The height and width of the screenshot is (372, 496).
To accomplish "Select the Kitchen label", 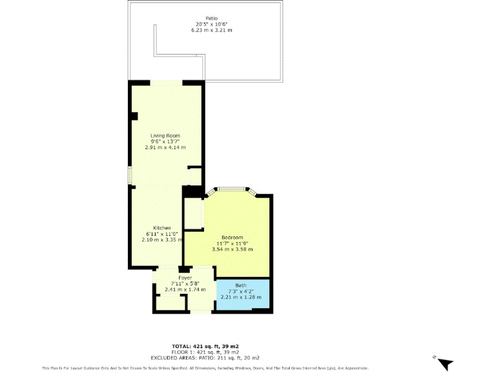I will click(161, 228).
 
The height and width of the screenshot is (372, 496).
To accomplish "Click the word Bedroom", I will click(232, 237).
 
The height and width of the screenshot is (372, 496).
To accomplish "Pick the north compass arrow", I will click(444, 363).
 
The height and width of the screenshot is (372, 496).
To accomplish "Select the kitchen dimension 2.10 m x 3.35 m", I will click(161, 240).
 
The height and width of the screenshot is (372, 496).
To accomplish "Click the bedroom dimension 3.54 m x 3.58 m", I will click(232, 249).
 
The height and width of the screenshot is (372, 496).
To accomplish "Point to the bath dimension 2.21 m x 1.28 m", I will click(241, 297).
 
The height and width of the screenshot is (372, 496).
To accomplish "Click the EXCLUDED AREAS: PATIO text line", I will click(205, 357).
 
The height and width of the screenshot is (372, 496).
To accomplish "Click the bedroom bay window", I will click(231, 189).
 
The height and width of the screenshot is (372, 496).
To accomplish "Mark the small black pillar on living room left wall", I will click(134, 116).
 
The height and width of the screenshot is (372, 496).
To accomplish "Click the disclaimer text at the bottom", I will click(205, 368).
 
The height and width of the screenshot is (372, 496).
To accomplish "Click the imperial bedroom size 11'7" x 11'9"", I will click(232, 243).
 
